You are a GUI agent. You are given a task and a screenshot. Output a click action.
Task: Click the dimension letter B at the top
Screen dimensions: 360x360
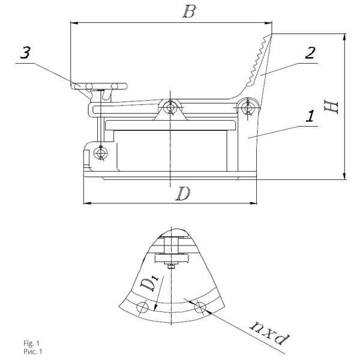(190, 11)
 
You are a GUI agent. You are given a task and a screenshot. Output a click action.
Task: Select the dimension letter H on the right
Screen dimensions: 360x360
(331, 107)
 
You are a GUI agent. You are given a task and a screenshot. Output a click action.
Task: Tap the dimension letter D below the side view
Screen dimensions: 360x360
(183, 194)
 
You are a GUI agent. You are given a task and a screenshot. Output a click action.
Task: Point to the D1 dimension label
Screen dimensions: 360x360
(149, 284)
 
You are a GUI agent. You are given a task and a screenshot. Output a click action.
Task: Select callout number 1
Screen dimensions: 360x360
(310, 116)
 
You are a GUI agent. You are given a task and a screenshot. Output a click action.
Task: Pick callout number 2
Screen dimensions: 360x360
(310, 53)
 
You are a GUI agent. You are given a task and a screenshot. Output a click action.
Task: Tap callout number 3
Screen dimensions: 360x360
(25, 53)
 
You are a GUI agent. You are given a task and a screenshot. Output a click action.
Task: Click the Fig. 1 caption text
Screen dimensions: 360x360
(31, 343)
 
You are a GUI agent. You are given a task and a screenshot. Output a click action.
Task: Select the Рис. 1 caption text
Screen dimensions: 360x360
(33, 352)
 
